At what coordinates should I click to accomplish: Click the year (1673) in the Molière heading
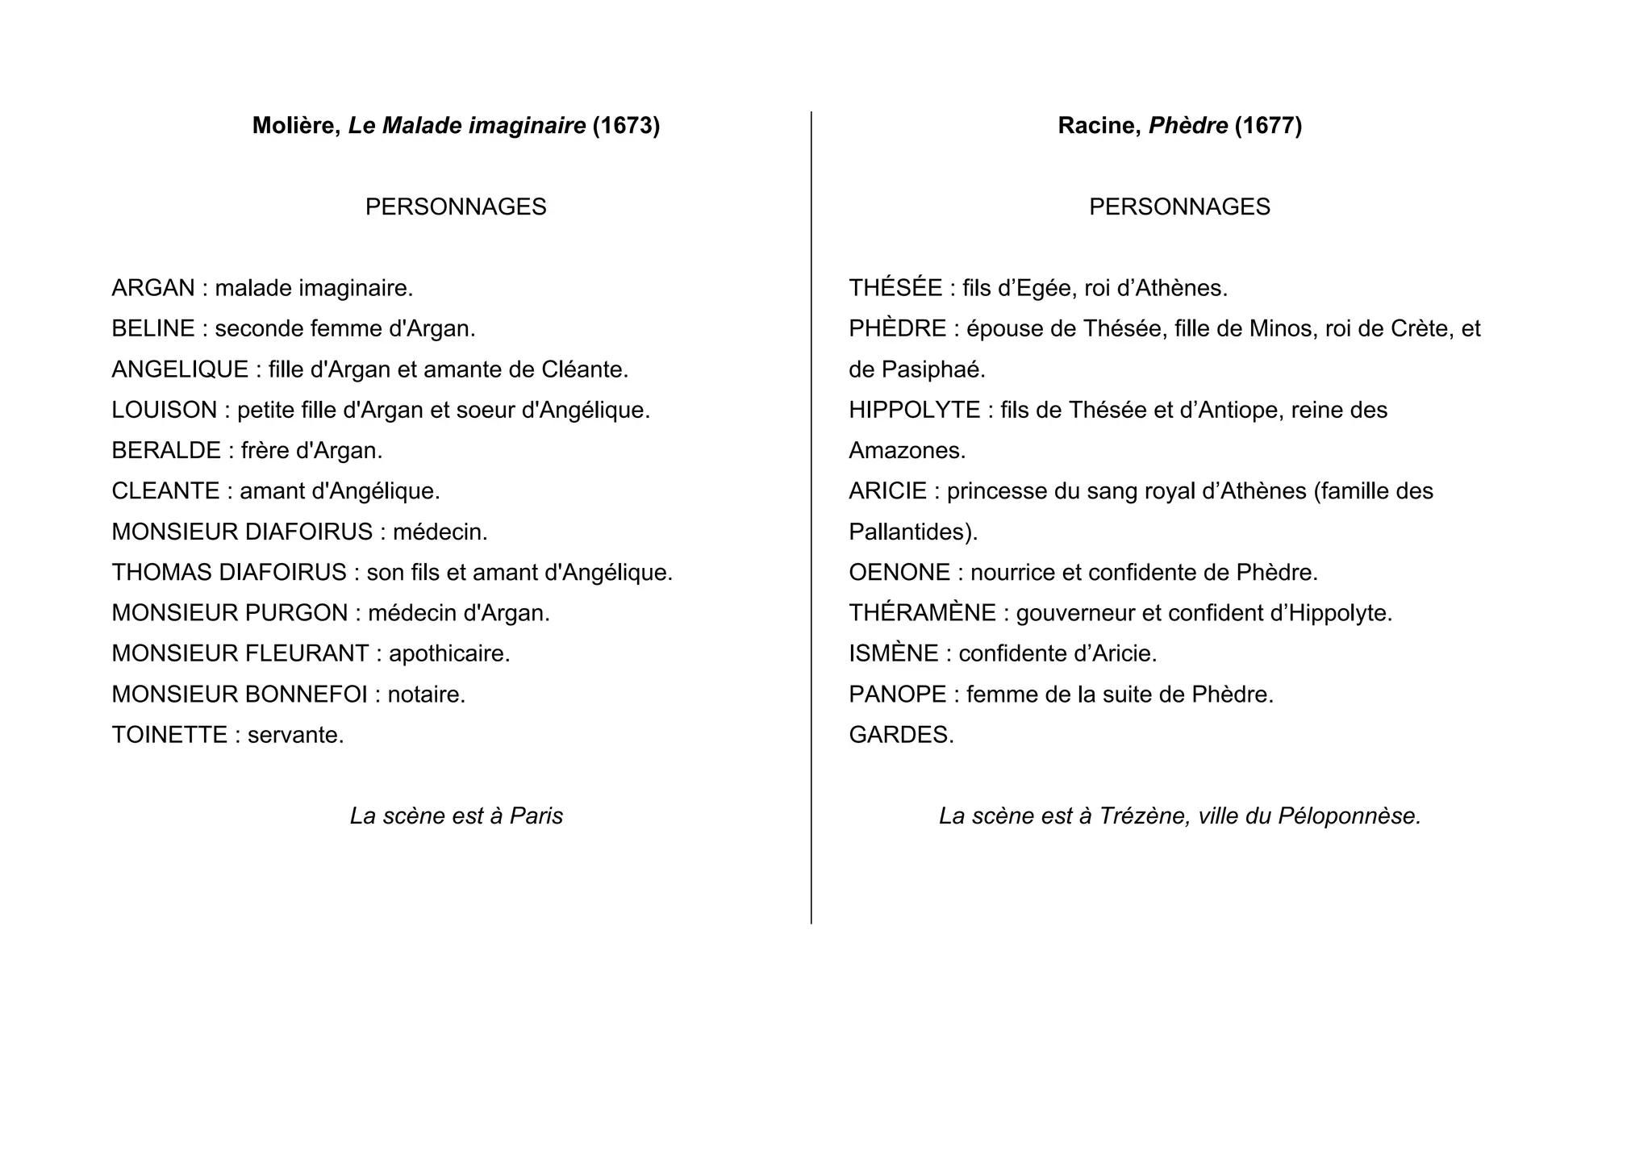coord(626,126)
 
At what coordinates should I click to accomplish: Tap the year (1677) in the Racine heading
coord(1268,126)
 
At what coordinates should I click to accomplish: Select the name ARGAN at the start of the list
coord(153,288)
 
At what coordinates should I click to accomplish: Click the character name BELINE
coord(153,328)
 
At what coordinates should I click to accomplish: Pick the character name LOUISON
coord(165,410)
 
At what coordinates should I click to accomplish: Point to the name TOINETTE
coord(169,735)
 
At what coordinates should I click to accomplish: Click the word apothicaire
coord(449,653)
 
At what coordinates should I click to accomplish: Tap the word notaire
coord(426,695)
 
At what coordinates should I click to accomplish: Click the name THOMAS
coord(161,573)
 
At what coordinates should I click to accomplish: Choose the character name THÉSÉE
coord(895,288)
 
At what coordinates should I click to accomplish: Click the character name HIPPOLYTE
coord(914,410)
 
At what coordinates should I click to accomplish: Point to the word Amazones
coord(907,450)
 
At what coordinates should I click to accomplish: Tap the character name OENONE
coord(899,573)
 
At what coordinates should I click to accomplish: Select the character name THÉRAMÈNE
coord(922,613)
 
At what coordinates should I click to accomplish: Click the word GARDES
coord(900,735)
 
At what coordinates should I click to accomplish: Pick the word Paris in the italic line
coord(536,816)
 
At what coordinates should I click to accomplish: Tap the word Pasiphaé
coord(932,369)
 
